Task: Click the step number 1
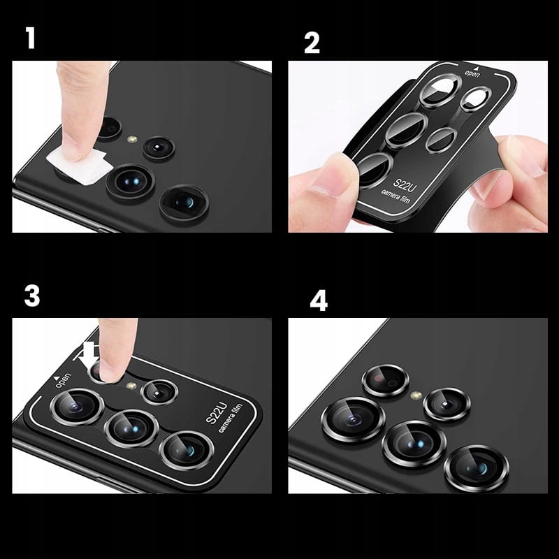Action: coord(31,39)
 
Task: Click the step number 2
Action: coord(312,43)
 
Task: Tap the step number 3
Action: coord(32,296)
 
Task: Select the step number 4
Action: coord(319,300)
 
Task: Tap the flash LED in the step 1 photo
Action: coord(133,138)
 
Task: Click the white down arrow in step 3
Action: coord(89,355)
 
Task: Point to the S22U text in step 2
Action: coord(405,184)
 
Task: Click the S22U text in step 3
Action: coord(217,413)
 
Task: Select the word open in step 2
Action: coord(472,74)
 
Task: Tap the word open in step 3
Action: coord(64,380)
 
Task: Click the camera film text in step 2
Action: coord(395,196)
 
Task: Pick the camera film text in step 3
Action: coord(230,419)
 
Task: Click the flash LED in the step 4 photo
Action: coord(416,395)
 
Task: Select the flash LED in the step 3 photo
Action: coord(131,386)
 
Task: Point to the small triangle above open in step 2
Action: coord(475,68)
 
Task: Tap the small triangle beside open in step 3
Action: coord(56,377)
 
